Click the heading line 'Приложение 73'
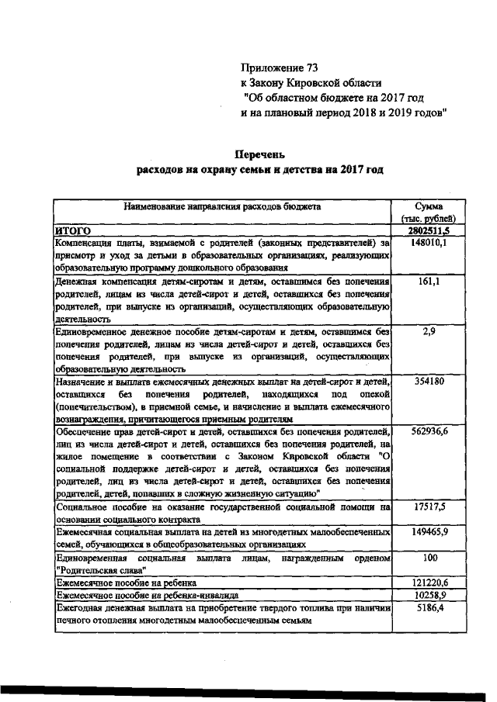coord(279,68)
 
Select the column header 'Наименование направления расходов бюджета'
coord(221,207)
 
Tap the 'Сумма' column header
coord(429,207)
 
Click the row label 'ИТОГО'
coord(73,230)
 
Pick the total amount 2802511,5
coord(429,230)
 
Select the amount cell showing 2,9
coord(429,331)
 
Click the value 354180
coord(429,382)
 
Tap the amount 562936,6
coord(429,432)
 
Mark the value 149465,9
coord(429,533)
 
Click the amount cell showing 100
coord(429,558)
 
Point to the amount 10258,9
coord(429,594)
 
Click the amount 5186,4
coord(429,607)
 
